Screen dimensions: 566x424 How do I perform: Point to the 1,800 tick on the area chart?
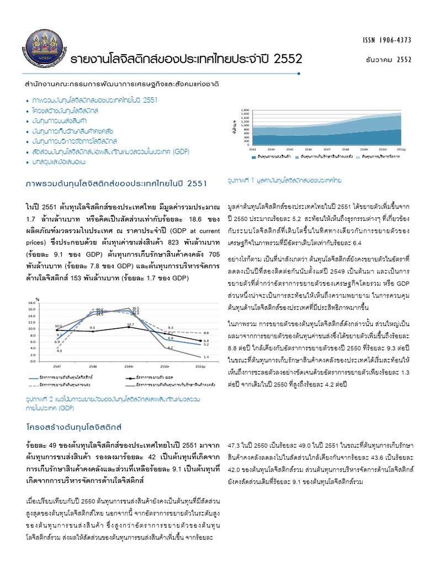click(x=245, y=110)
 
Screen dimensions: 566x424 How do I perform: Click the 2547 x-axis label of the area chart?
click(x=327, y=149)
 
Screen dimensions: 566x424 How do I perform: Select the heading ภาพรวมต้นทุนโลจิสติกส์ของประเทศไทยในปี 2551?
click(x=116, y=184)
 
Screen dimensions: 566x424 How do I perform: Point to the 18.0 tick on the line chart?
click(x=31, y=303)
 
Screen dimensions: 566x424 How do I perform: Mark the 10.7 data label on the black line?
click(x=130, y=324)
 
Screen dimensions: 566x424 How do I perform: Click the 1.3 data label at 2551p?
click(x=205, y=357)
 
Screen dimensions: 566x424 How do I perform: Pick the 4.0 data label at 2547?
click(x=59, y=350)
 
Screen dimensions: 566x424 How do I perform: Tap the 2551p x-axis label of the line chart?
click(x=200, y=366)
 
